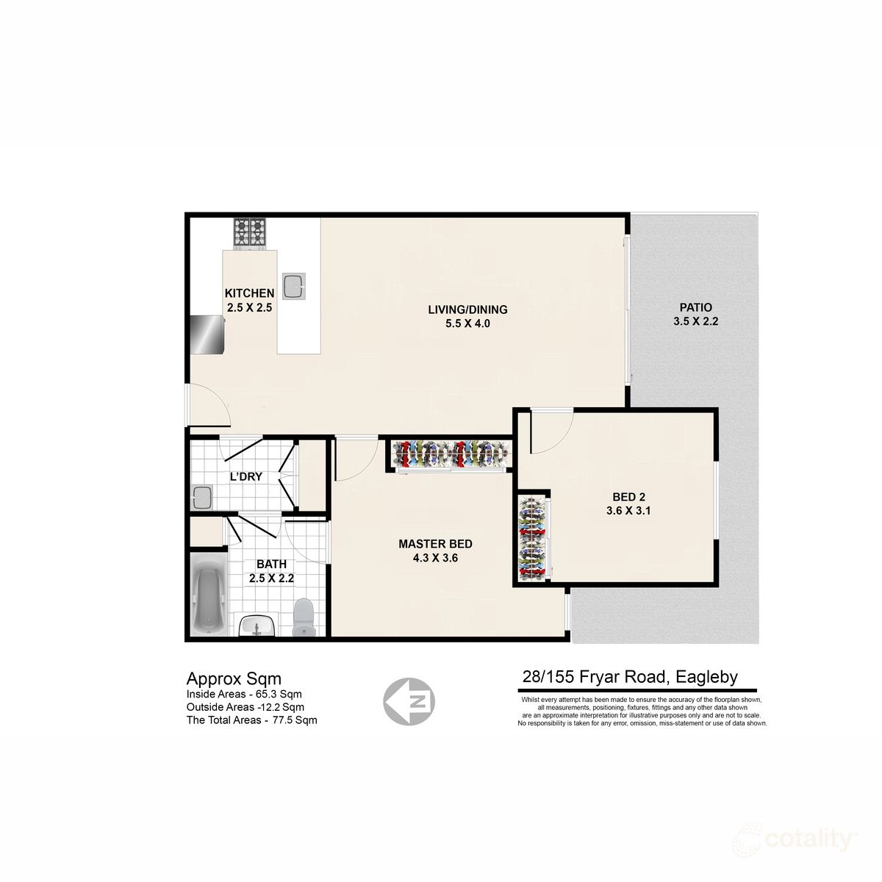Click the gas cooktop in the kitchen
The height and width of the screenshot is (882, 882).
(x=250, y=233)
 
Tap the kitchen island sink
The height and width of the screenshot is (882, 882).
(x=295, y=286)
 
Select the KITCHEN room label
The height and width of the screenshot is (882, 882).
(x=249, y=301)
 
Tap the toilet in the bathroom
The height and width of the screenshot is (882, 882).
(x=303, y=617)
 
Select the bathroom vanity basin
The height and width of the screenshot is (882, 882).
(x=257, y=625)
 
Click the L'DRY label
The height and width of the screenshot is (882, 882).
(x=245, y=477)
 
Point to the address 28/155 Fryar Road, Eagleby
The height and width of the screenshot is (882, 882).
(x=629, y=678)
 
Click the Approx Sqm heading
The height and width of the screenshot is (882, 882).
(x=234, y=678)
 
